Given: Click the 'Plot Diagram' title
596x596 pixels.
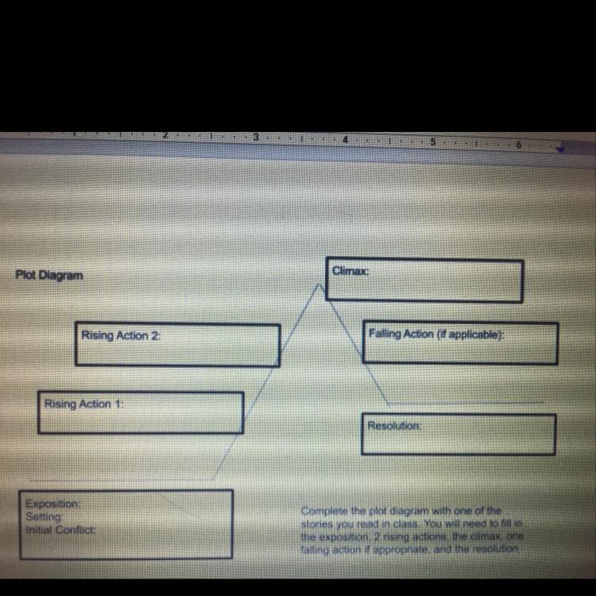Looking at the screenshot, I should pyautogui.click(x=48, y=275).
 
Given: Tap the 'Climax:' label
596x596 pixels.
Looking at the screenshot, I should pyautogui.click(x=350, y=270).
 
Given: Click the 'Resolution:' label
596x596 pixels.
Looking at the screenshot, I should pyautogui.click(x=394, y=426).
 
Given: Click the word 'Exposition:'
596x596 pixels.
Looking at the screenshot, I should pyautogui.click(x=52, y=504).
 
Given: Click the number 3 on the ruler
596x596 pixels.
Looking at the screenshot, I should pyautogui.click(x=256, y=137).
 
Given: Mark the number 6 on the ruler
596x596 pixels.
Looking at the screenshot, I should pyautogui.click(x=517, y=145).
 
